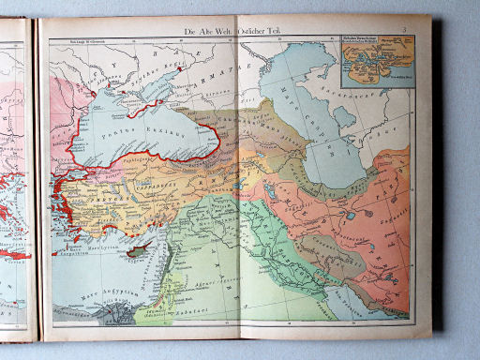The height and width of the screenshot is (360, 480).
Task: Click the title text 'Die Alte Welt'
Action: pos(209,32)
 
